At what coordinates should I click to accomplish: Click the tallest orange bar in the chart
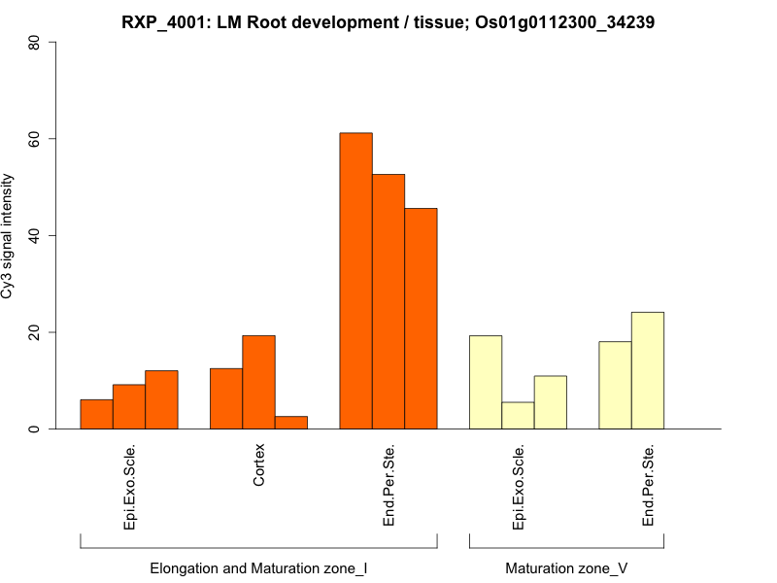pos(355,281)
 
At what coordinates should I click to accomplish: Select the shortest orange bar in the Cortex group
pos(290,423)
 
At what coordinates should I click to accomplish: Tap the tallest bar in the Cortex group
pos(258,382)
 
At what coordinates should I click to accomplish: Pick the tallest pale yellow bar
pos(647,370)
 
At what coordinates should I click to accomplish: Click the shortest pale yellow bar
pos(518,416)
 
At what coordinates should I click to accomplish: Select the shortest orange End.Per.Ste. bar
pos(421,319)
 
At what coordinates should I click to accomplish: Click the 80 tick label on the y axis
pos(35,43)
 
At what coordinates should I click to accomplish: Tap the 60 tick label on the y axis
pos(35,139)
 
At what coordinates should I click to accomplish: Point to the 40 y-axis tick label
pos(35,236)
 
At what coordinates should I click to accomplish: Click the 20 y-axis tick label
pos(35,332)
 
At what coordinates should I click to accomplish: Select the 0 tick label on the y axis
pos(35,429)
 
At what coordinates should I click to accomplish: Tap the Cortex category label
pos(258,465)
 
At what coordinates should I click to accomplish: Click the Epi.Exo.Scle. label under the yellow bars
pos(518,487)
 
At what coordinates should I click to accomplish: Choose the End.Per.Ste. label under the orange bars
pos(388,486)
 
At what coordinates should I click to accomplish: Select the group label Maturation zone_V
pos(566,567)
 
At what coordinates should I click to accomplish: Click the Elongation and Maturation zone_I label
pos(258,567)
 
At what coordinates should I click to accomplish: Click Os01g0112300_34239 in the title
pos(565,21)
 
